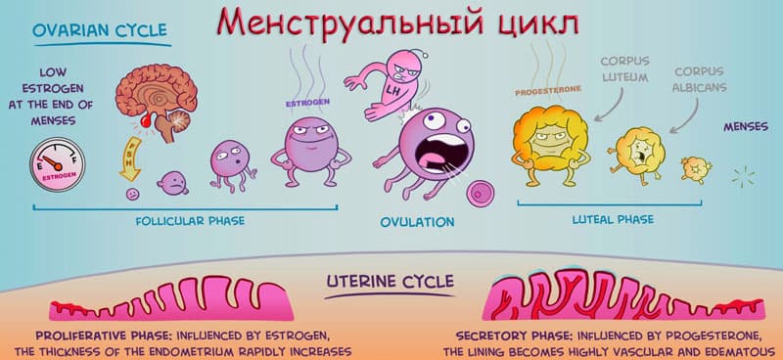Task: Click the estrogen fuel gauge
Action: tap(58, 164)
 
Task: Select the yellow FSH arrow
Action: tap(130, 158)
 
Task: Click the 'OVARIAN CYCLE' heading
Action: tap(100, 30)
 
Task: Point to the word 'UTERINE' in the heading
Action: tap(360, 282)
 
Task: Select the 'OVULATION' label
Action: tap(418, 222)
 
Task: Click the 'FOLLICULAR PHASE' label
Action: tap(190, 221)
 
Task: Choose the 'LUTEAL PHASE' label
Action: tap(613, 219)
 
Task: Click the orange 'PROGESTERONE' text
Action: tap(548, 91)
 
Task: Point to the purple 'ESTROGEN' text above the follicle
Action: tap(307, 104)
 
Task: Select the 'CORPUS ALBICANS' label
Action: tap(699, 79)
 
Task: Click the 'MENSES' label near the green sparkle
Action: tap(746, 127)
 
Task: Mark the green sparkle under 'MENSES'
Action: tap(743, 177)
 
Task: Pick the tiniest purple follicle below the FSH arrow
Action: tap(132, 195)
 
